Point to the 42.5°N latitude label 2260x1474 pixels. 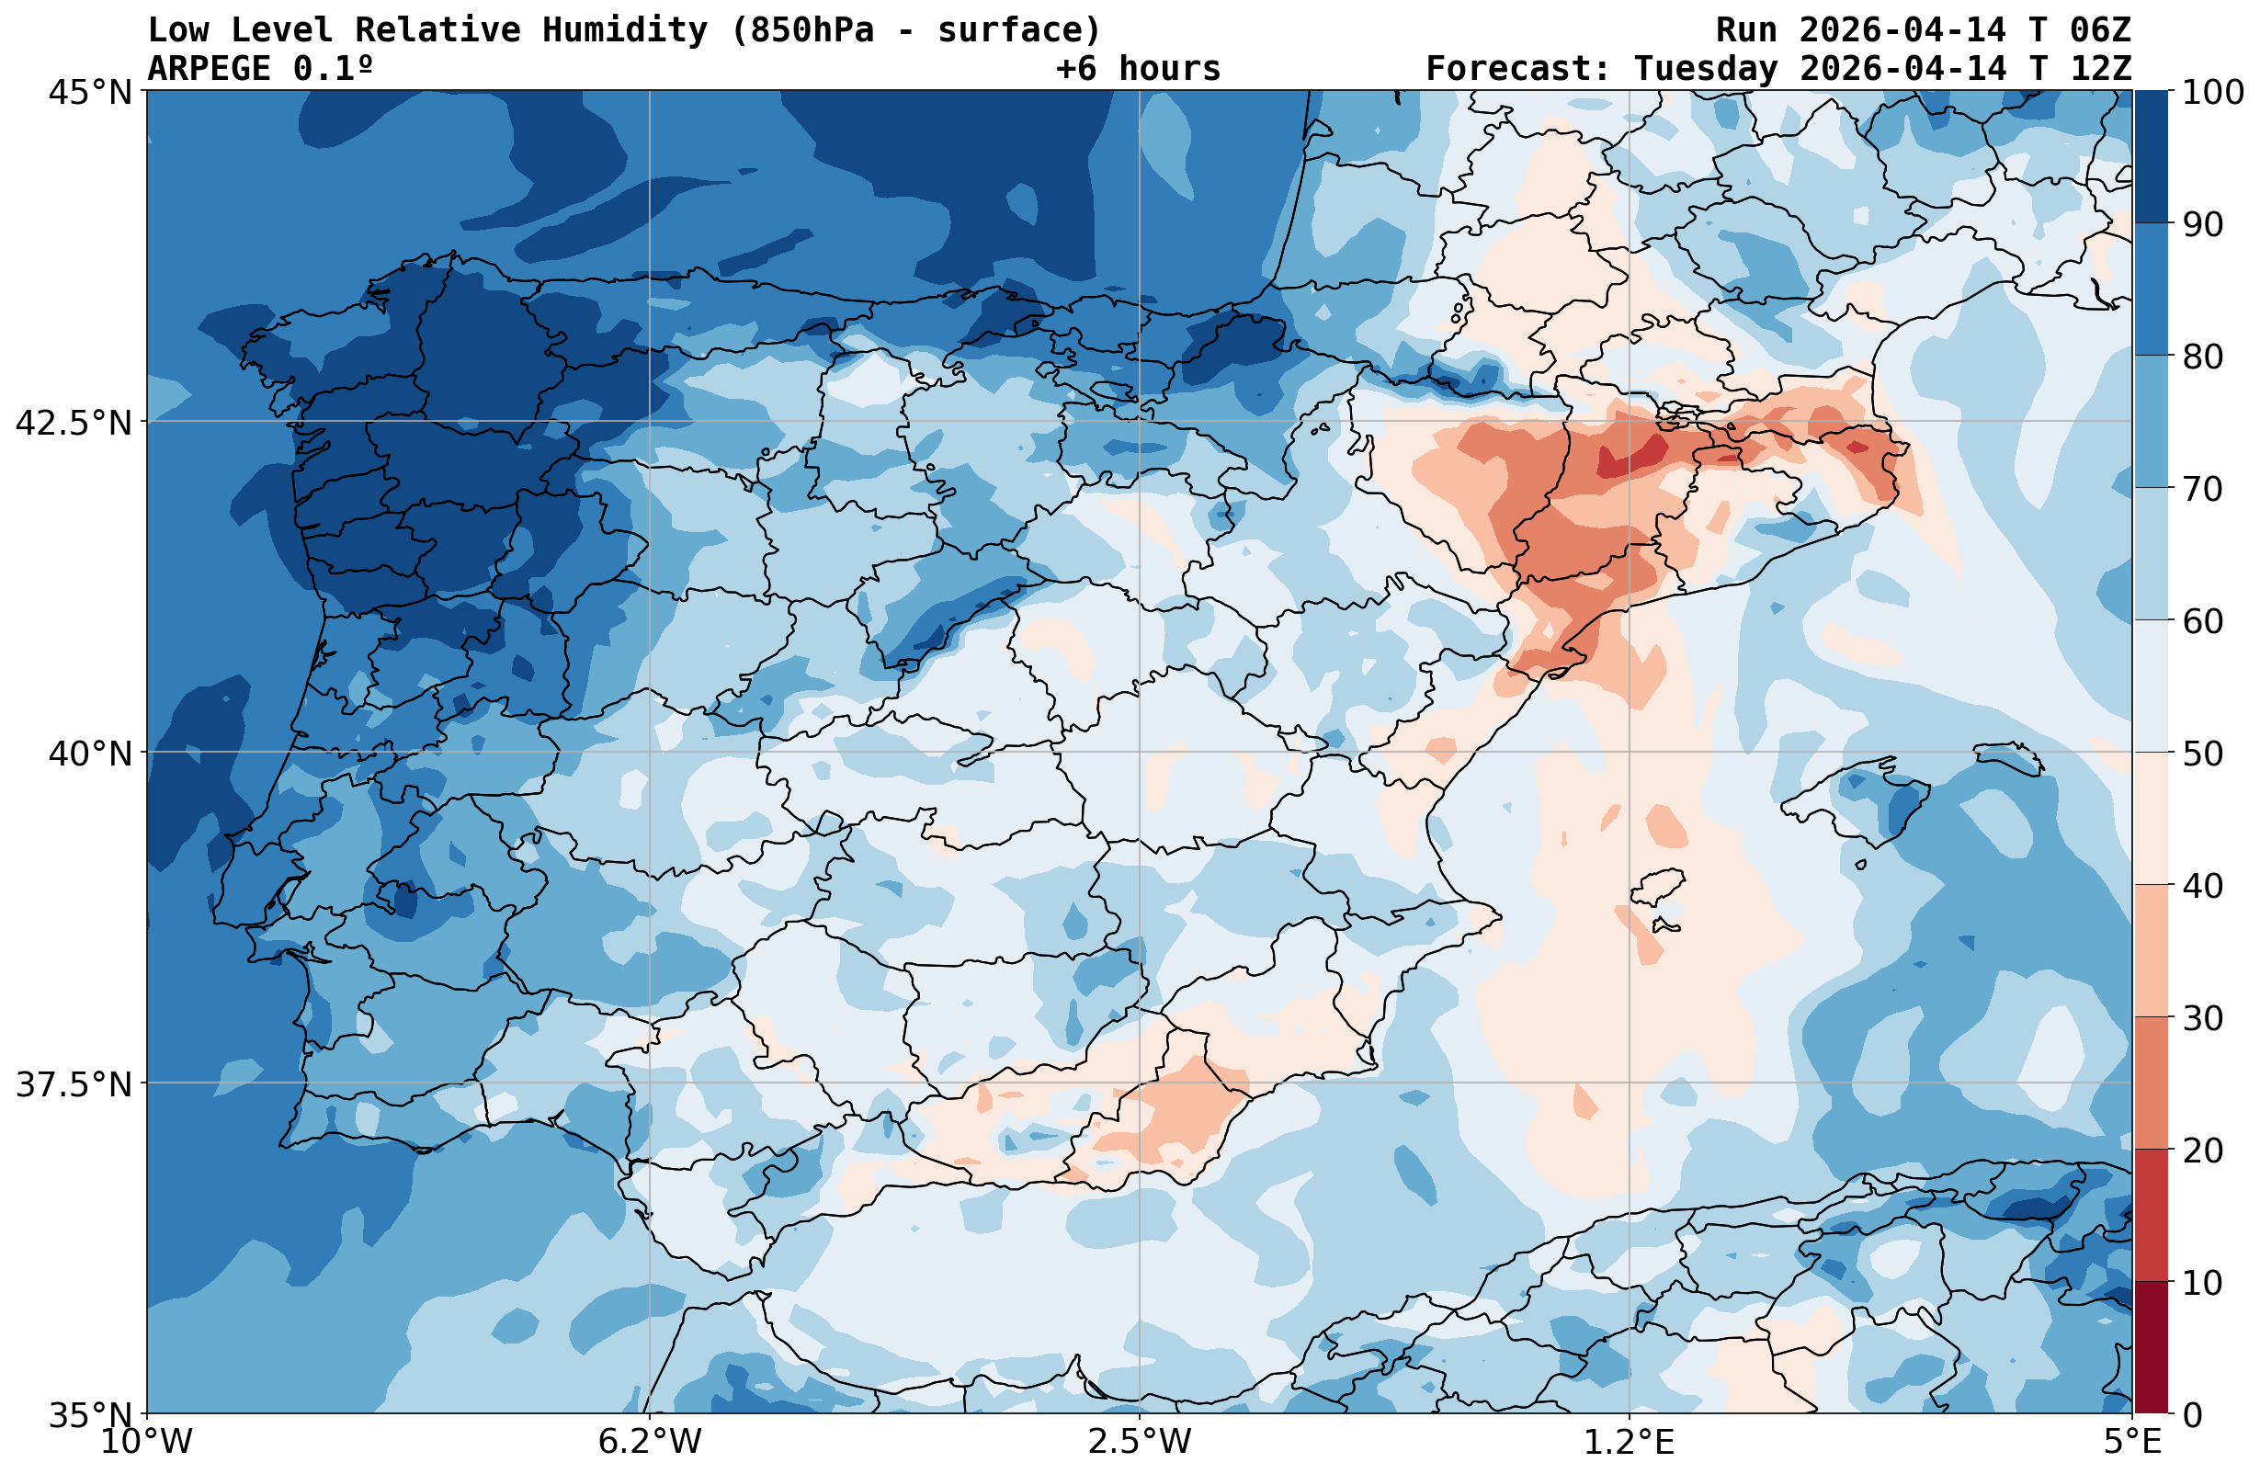click(x=74, y=423)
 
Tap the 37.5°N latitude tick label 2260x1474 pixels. click(x=74, y=1083)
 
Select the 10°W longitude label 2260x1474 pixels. click(x=146, y=1442)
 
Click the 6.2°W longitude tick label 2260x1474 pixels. click(x=650, y=1442)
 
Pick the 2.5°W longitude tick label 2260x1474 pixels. click(x=1140, y=1442)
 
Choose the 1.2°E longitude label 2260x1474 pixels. click(x=1630, y=1442)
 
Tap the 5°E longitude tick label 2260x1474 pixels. click(x=2132, y=1442)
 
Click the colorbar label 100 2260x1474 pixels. click(x=2212, y=93)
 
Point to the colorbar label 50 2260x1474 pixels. click(x=2202, y=754)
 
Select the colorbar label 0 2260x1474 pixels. click(x=2192, y=1415)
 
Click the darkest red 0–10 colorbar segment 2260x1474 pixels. click(x=2151, y=1348)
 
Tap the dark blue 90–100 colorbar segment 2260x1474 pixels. click(x=2151, y=157)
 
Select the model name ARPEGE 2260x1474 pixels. click(x=209, y=68)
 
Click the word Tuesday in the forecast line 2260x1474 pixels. click(x=1706, y=68)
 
